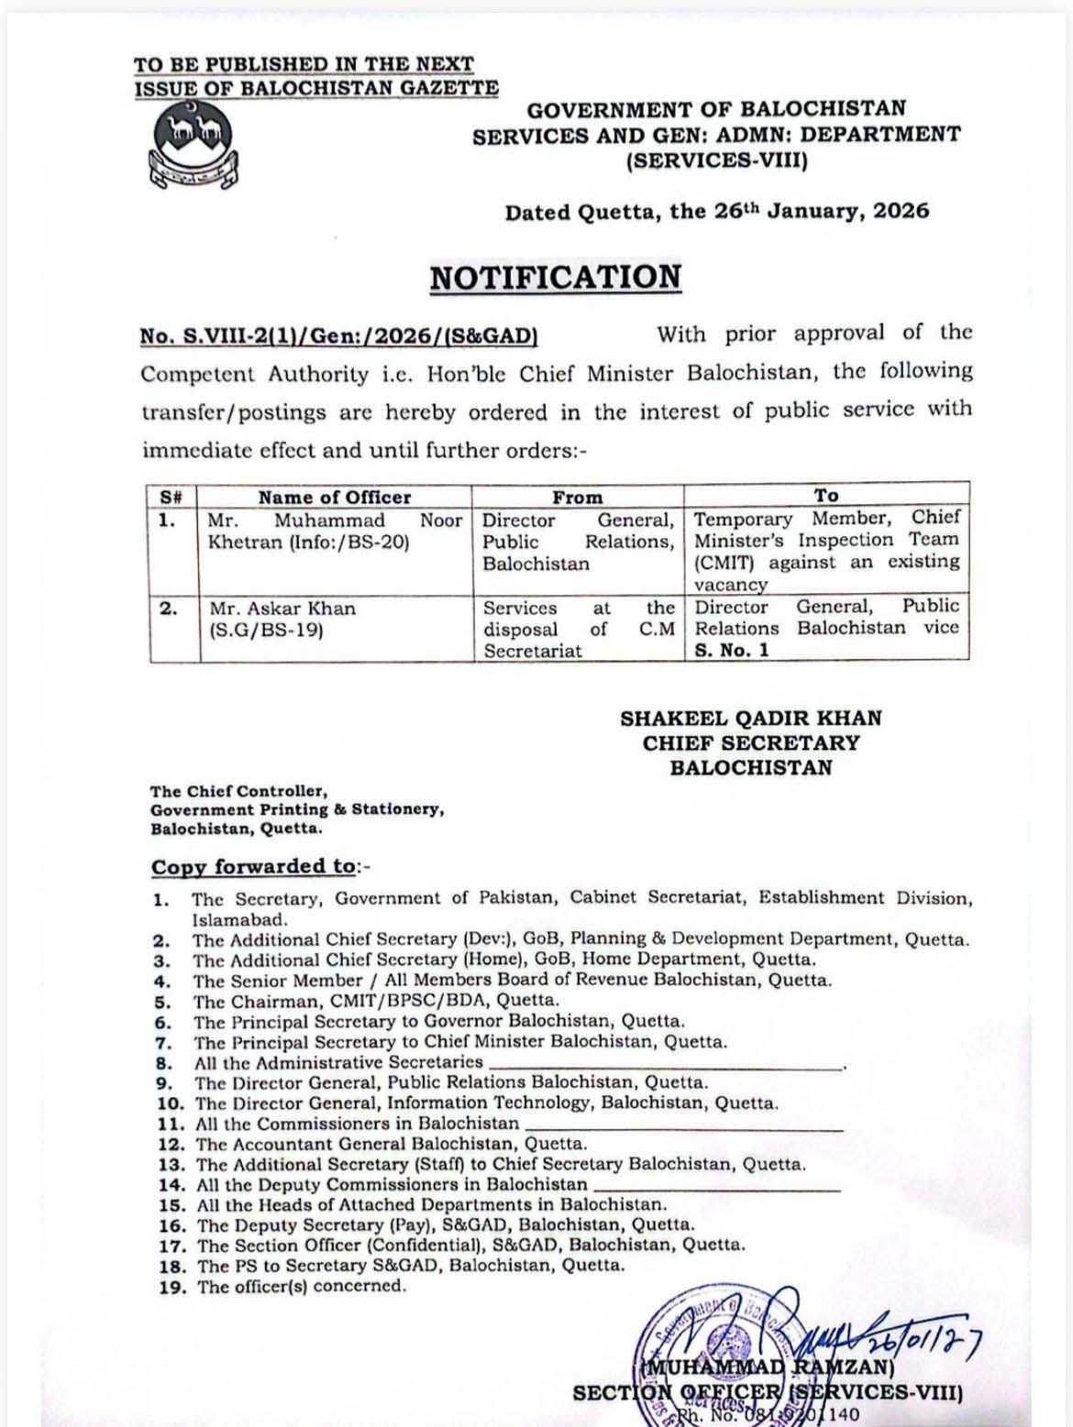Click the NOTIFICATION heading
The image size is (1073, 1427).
click(x=556, y=278)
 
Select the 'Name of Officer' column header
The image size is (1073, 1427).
click(x=335, y=497)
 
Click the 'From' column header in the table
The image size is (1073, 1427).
click(x=578, y=497)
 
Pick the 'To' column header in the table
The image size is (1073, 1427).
click(x=826, y=495)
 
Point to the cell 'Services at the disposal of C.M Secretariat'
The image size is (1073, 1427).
click(x=578, y=630)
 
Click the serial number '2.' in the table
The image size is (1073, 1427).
click(x=169, y=609)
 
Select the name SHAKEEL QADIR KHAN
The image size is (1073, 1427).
click(x=750, y=719)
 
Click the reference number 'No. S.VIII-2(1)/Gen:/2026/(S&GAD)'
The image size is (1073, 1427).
click(x=338, y=336)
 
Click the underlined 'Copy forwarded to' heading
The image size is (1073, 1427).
click(x=253, y=867)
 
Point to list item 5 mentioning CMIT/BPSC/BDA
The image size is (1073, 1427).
click(x=376, y=1001)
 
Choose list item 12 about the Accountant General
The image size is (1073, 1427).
click(x=391, y=1144)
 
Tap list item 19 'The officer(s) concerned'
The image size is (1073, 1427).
click(x=301, y=1286)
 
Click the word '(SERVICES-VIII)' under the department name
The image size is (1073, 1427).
click(x=716, y=162)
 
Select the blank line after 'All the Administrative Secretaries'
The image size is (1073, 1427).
click(x=666, y=1065)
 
